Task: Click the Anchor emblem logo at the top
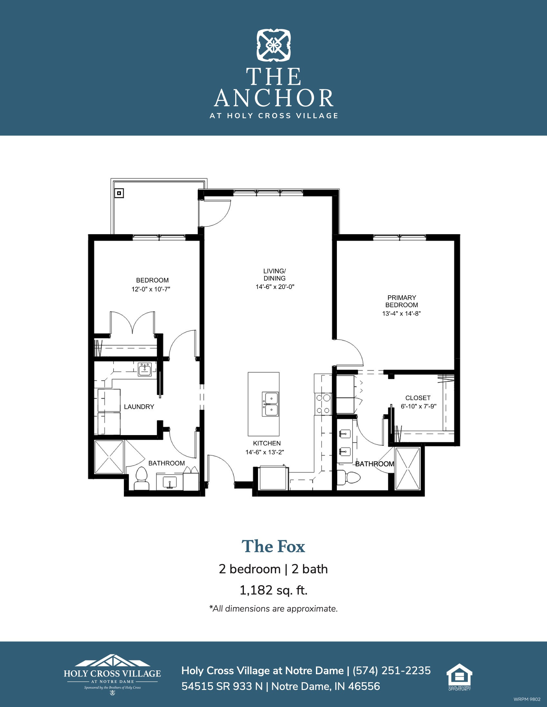coord(273,45)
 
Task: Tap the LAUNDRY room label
coord(139,407)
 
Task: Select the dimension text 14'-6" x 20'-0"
coord(275,287)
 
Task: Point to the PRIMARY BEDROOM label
coord(402,301)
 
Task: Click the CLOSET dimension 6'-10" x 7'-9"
coord(418,406)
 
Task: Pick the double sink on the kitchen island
coord(270,404)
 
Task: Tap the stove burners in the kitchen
coord(323,404)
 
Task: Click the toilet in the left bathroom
coord(142,479)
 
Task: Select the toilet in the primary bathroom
coord(349,478)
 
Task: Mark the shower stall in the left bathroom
coord(109,457)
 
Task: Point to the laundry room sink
coord(145,369)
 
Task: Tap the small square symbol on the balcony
coord(119,193)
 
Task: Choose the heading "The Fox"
coord(273,546)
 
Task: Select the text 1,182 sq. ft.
coord(273,590)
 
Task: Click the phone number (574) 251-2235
coord(392,670)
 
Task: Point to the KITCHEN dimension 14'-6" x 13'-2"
coord(265,452)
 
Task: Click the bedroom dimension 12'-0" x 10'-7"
coord(151,289)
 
